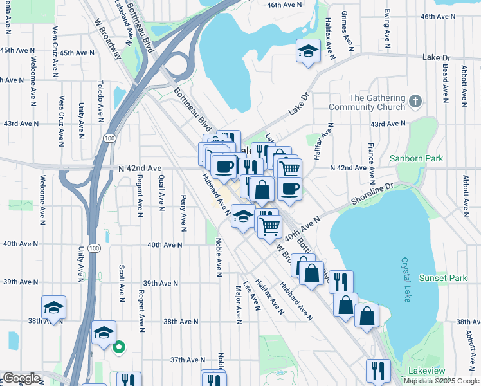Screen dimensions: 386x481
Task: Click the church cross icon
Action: point(415,101)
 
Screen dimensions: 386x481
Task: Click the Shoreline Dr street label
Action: point(371,196)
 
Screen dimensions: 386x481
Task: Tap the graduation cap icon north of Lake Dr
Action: point(308,51)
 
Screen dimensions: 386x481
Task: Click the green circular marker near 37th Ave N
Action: point(118,348)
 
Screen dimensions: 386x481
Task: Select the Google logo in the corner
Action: point(21,378)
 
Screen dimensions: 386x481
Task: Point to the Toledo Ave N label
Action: point(100,101)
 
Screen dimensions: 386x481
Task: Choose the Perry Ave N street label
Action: point(184,212)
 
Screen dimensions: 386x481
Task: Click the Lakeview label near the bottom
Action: point(426,371)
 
